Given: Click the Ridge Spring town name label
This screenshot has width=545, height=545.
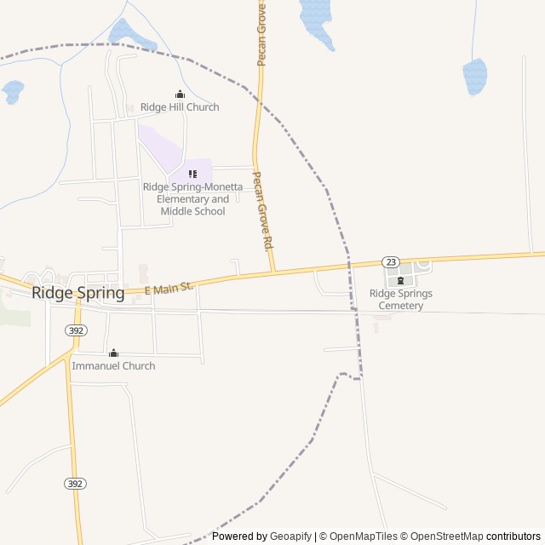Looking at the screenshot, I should tap(77, 293).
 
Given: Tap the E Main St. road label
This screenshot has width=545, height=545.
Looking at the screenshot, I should tap(169, 289).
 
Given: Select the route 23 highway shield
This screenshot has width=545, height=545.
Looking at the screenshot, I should tap(390, 261).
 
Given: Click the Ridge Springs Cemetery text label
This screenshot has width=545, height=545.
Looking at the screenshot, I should tap(400, 299).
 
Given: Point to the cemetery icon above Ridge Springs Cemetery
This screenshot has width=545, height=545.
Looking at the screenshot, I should tap(400, 281).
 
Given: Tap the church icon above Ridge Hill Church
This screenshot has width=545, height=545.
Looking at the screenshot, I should tap(180, 95).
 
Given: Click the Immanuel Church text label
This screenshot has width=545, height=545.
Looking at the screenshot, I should tap(113, 366).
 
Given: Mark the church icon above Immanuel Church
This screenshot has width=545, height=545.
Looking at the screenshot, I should tap(113, 353).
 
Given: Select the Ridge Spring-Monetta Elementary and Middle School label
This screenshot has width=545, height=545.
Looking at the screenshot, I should tap(192, 199).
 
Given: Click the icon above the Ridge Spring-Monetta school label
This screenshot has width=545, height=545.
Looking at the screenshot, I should tap(192, 175).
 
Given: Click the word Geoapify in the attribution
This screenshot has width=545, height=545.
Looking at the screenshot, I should tap(290, 536).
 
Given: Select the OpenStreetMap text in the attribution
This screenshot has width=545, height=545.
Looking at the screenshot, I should tap(443, 536).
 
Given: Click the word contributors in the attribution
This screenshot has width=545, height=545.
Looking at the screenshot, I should tap(514, 536).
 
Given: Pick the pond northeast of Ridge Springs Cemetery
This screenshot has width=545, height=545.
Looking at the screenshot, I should tap(474, 76).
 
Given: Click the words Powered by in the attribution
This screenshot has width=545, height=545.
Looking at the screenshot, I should tap(239, 536).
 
